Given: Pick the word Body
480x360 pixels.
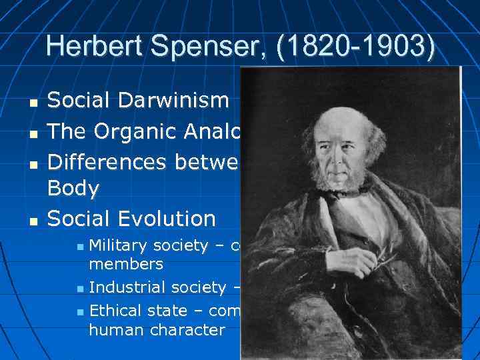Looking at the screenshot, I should [x=73, y=189].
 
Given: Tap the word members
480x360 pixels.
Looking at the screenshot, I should [x=126, y=265].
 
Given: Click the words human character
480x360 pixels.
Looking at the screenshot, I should [x=157, y=330].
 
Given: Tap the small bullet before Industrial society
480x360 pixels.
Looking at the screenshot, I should [x=80, y=289].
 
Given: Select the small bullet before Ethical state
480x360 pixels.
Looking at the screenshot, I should [x=80, y=312].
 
